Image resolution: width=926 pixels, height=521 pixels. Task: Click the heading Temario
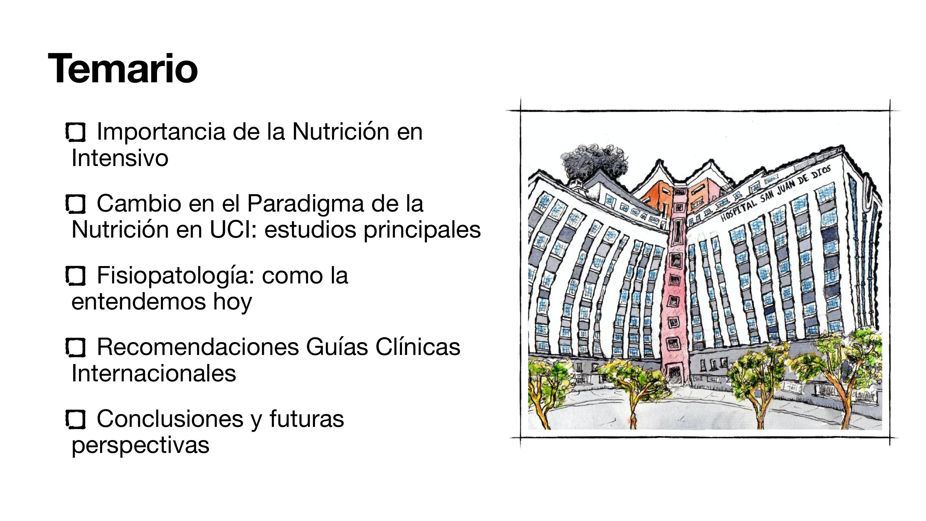tap(123, 68)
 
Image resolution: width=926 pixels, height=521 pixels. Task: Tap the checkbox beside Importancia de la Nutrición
tap(75, 132)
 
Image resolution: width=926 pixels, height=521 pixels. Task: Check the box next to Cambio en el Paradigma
tap(75, 204)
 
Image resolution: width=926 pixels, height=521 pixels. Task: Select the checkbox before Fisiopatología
tap(75, 276)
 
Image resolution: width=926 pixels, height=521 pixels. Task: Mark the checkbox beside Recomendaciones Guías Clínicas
tap(75, 348)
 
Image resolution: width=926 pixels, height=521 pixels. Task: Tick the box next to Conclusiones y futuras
tap(75, 420)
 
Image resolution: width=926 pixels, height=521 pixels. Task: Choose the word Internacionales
tap(154, 373)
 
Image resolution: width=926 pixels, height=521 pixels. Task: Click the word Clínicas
tap(418, 347)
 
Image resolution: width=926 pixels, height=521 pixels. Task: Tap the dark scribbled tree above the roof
tap(593, 162)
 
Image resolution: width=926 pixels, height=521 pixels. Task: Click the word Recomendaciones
tap(198, 347)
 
